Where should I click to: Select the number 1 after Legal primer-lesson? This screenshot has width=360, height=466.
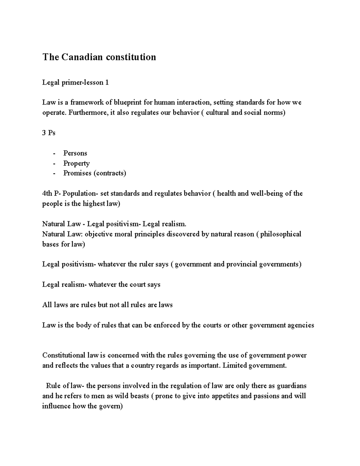(x=107, y=83)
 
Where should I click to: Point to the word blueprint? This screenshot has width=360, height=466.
(x=128, y=102)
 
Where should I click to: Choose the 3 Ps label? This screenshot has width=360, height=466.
(x=49, y=133)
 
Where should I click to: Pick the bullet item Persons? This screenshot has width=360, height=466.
(x=75, y=153)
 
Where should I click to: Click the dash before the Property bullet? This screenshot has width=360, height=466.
(x=54, y=164)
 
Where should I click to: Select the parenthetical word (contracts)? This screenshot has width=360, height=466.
(x=110, y=173)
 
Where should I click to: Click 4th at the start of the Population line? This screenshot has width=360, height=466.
(x=47, y=194)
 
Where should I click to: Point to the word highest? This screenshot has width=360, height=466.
(x=94, y=204)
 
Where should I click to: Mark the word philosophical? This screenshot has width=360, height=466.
(x=280, y=234)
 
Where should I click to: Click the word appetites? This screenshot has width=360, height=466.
(x=225, y=396)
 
